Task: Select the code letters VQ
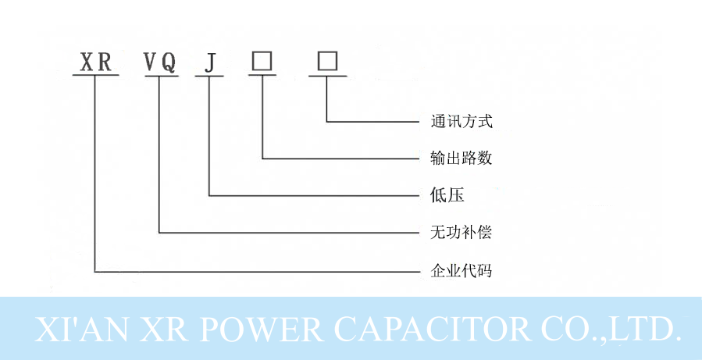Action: click(x=159, y=62)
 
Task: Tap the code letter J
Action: click(x=209, y=62)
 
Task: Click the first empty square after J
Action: click(x=262, y=61)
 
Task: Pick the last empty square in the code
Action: click(x=326, y=61)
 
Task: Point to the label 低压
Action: click(x=447, y=195)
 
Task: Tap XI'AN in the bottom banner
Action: click(x=75, y=329)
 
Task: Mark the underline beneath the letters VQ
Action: click(x=159, y=76)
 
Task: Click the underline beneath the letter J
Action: click(x=209, y=76)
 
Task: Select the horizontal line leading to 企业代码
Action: click(x=258, y=272)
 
